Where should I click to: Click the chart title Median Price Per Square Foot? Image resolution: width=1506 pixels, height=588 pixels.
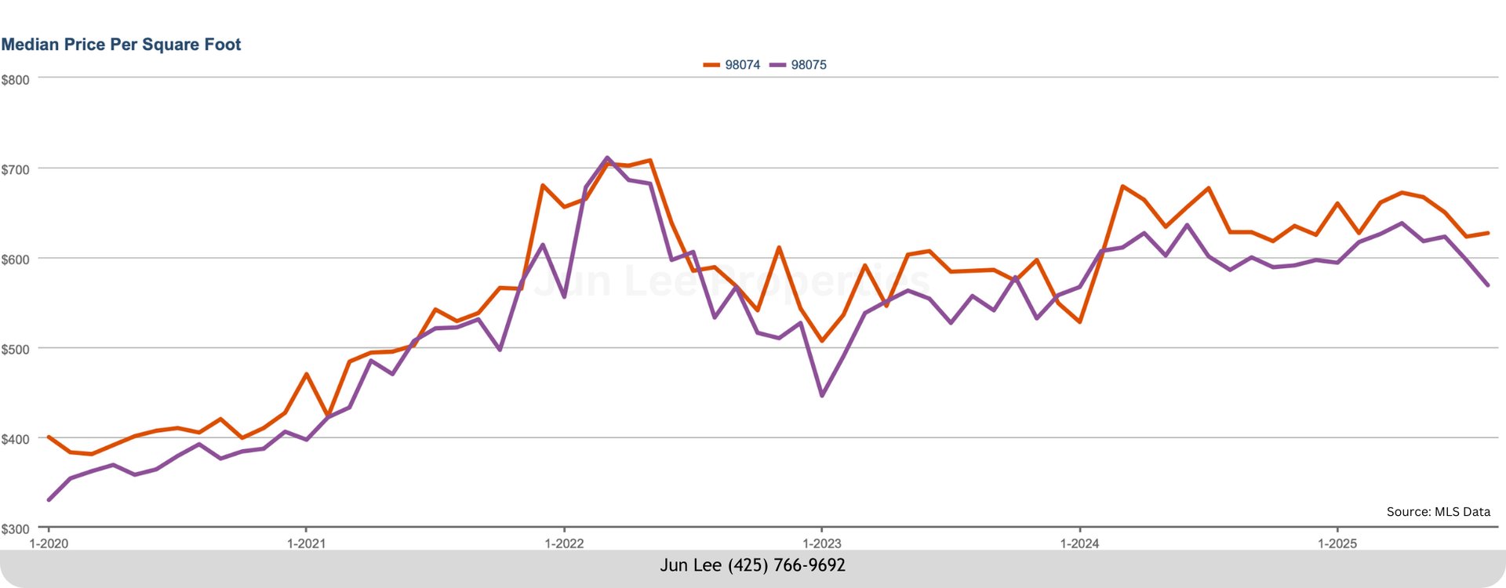click(x=121, y=45)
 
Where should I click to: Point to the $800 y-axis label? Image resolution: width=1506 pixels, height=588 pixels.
click(x=16, y=80)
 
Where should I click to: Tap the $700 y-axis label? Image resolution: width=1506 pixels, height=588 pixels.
click(x=16, y=170)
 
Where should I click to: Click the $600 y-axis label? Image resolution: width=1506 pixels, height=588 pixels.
click(x=16, y=260)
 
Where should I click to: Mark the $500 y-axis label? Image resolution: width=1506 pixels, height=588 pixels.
click(x=16, y=350)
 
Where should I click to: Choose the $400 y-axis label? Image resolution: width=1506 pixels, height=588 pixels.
click(x=16, y=440)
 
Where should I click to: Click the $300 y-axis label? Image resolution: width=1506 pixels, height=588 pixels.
click(x=16, y=529)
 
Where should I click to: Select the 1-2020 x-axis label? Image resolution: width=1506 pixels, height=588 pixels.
click(x=49, y=543)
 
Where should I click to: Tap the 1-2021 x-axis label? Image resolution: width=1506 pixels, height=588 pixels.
click(x=306, y=543)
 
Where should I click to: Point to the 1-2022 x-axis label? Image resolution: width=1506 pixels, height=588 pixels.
click(x=564, y=543)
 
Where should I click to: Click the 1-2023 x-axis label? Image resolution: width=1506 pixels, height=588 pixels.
click(x=821, y=543)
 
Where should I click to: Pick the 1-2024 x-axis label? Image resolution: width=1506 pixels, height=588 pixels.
click(x=1079, y=543)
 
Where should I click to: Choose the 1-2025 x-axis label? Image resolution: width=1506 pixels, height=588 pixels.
click(x=1337, y=543)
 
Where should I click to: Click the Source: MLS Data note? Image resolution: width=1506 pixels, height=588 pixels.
click(x=1438, y=512)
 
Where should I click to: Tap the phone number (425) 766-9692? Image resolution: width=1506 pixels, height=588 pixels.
click(x=786, y=565)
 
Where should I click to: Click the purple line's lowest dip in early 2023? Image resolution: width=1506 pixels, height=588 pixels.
click(x=822, y=396)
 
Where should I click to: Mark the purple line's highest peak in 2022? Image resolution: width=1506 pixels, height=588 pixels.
click(x=607, y=158)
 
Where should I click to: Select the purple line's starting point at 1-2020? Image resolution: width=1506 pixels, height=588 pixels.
click(x=49, y=499)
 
